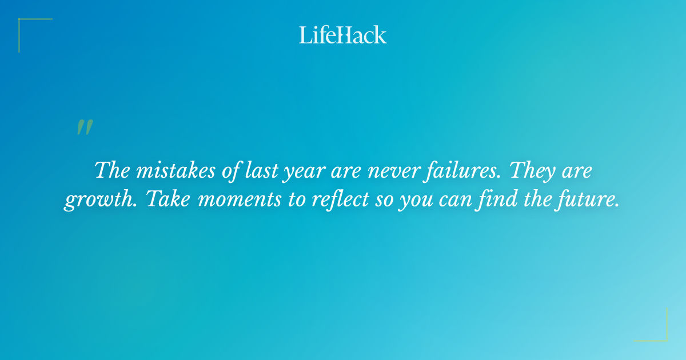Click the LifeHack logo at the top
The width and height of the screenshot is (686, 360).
343,35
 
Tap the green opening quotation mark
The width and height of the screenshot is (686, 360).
85,127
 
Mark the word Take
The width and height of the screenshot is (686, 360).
165,201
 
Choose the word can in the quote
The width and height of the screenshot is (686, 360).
454,201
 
